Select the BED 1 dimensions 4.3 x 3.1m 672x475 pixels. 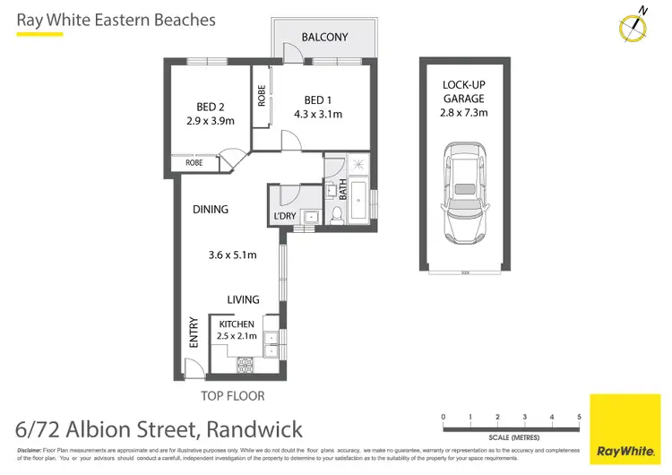click(318, 114)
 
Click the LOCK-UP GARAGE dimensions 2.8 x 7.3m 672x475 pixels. click(464, 114)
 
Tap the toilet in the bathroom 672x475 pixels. click(338, 213)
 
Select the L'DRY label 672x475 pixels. click(284, 217)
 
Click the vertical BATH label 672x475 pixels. click(342, 189)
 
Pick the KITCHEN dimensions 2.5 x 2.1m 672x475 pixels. click(237, 336)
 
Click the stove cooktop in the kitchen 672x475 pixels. click(245, 364)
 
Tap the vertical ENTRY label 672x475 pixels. click(194, 334)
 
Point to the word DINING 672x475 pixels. click(211, 209)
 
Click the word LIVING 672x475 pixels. click(243, 299)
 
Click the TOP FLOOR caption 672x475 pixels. click(233, 395)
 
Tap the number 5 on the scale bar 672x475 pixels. click(580, 417)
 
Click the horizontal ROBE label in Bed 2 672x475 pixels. click(194, 163)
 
